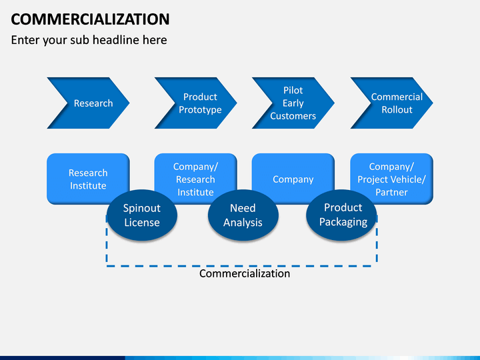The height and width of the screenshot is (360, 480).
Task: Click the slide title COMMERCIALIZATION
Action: tap(90, 19)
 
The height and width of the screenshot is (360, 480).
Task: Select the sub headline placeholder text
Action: tap(89, 40)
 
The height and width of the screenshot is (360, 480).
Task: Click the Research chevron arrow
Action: tap(88, 103)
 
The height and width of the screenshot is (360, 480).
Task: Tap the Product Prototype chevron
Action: tap(195, 103)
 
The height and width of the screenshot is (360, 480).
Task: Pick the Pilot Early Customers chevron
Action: tap(293, 103)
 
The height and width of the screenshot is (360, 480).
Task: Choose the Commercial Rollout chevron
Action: tap(391, 103)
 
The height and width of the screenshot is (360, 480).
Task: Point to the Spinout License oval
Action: tap(142, 215)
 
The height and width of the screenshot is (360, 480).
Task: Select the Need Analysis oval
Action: tap(243, 215)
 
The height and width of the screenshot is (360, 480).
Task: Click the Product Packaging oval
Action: tap(341, 215)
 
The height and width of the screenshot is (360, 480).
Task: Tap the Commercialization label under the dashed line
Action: tap(245, 273)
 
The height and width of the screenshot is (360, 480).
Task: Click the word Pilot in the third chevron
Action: tap(293, 90)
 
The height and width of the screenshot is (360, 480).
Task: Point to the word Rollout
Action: tap(397, 109)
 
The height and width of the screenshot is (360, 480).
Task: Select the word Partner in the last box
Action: tap(391, 192)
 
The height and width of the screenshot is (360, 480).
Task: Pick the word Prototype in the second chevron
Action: tap(200, 110)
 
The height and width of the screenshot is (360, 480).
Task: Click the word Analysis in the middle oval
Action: tap(243, 223)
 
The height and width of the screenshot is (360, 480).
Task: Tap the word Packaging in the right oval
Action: tap(343, 222)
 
